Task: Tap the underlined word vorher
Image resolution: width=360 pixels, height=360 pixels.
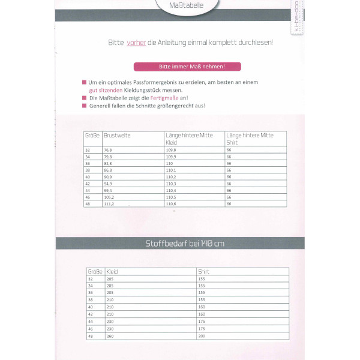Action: (x=136, y=43)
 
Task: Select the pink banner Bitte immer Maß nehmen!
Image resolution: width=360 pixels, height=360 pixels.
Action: (x=187, y=67)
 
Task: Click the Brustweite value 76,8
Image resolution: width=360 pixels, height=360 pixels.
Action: (x=108, y=151)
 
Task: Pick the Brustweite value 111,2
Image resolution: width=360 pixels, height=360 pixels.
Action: (x=109, y=203)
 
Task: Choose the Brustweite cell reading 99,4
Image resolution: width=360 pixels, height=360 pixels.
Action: (x=108, y=190)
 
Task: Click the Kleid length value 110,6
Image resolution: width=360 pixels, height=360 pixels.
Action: (x=171, y=203)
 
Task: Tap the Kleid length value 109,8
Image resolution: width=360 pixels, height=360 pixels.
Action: (x=171, y=151)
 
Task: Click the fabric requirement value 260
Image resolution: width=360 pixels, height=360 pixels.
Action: (x=110, y=336)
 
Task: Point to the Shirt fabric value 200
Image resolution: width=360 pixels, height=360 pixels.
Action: (x=201, y=336)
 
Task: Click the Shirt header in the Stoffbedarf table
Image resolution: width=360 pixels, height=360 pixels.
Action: (x=203, y=272)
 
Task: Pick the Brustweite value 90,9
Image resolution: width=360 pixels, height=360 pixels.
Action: (x=108, y=177)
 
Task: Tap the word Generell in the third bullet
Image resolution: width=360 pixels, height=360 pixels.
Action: (x=100, y=106)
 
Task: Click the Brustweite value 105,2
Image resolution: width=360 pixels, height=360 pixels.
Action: (x=109, y=197)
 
